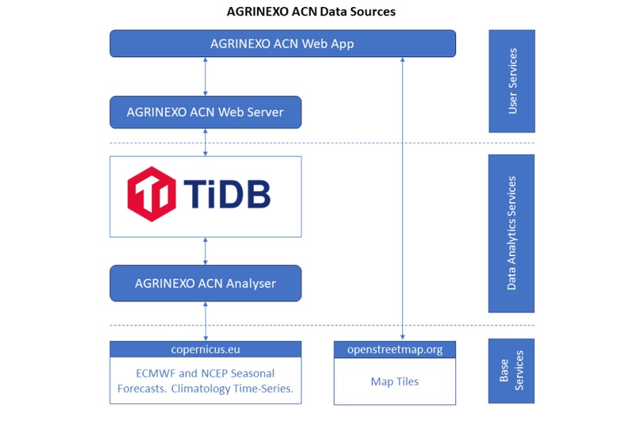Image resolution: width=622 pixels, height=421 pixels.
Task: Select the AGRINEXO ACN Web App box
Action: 282,43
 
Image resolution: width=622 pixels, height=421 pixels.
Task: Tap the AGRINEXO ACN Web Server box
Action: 205,113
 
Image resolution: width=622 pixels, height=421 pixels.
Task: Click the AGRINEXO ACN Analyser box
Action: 205,283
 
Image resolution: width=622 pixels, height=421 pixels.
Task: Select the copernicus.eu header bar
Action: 205,349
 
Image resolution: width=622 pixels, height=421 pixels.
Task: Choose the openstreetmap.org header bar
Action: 395,349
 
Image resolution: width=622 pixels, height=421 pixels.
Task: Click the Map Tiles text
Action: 395,380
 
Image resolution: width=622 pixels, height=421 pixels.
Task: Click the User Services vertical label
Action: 512,81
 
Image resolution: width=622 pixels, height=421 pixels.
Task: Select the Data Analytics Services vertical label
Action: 512,233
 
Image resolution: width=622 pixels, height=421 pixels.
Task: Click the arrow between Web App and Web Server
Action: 205,76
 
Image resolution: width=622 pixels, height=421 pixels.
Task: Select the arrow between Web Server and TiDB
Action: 205,143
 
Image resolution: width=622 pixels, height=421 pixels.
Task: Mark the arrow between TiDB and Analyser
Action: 205,251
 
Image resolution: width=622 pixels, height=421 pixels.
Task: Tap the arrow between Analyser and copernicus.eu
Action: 205,321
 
